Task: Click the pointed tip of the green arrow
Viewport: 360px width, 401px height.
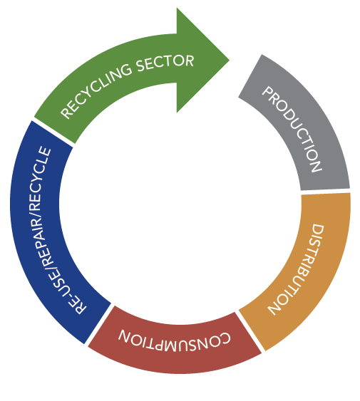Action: (229, 61)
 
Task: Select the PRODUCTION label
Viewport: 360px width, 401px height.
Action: (292, 130)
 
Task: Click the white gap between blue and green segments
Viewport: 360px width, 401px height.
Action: (53, 133)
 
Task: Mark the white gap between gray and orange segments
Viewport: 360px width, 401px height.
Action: (326, 191)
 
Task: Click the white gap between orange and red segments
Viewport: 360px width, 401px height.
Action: (250, 331)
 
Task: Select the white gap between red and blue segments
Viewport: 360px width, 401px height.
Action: (99, 325)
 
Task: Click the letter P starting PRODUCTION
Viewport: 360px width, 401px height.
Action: (267, 93)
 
